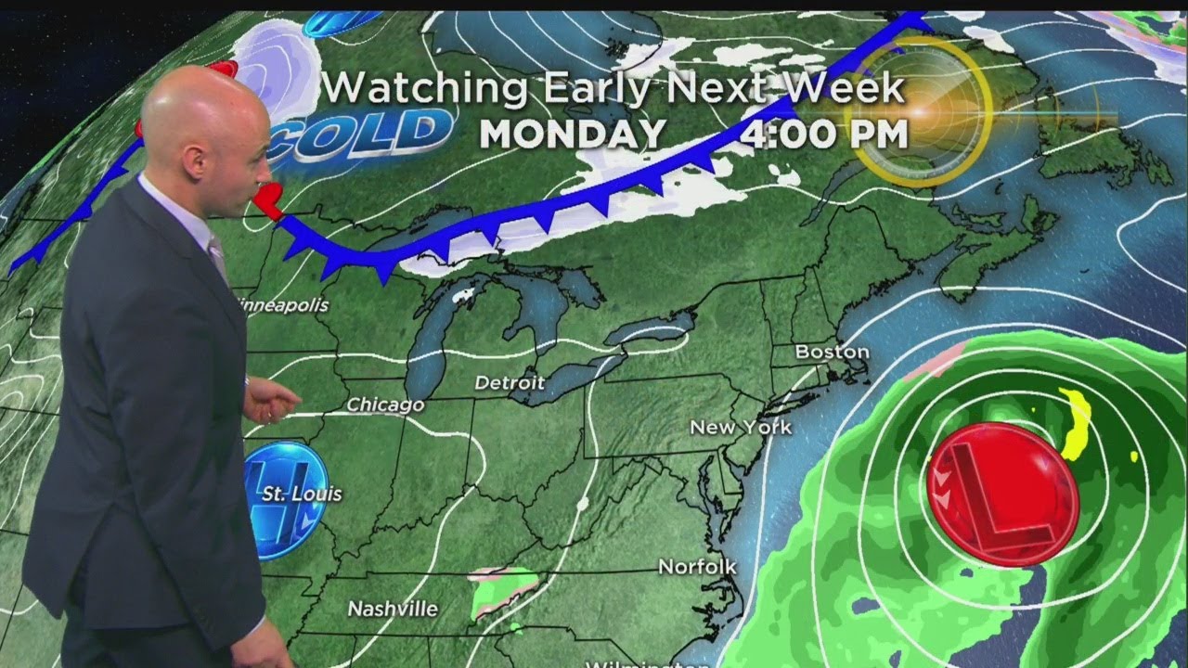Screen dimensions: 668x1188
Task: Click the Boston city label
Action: (833, 353)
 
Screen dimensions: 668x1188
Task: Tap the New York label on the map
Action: (741, 427)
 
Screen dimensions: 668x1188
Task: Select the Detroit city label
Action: (510, 382)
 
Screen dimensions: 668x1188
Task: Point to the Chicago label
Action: (385, 405)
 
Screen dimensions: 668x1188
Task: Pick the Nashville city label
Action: (393, 610)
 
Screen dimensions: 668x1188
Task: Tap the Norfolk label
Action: (697, 566)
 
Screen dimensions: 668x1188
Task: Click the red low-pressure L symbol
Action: (1002, 494)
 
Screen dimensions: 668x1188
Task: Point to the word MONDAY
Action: (572, 134)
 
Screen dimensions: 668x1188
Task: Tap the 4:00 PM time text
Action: (824, 134)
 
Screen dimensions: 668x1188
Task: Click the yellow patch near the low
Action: (1078, 424)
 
